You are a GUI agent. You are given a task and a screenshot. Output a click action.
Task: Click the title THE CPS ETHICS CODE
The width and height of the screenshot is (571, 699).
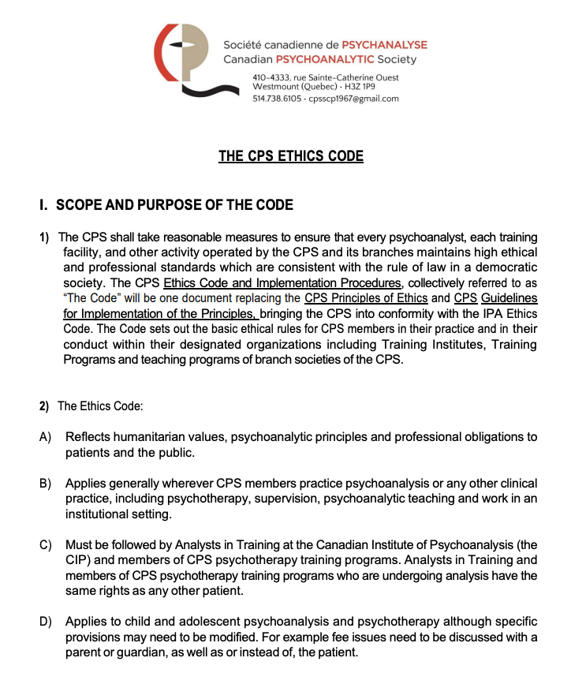pyautogui.click(x=291, y=156)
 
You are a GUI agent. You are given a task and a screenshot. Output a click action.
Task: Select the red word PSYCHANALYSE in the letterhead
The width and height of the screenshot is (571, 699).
pyautogui.click(x=383, y=45)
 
